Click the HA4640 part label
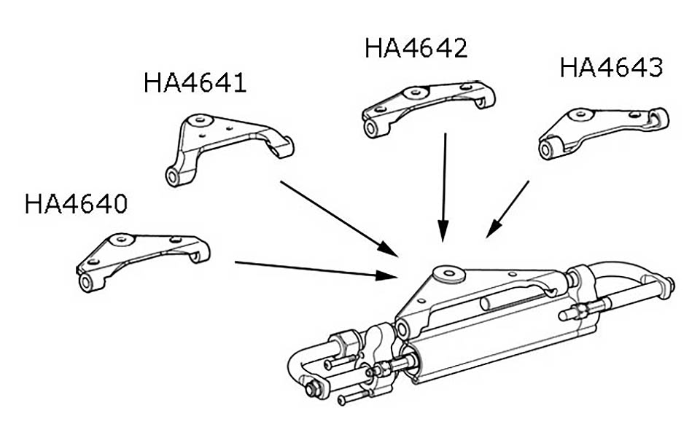click(x=76, y=203)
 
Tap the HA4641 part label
click(x=195, y=82)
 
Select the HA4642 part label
click(x=416, y=49)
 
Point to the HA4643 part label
click(x=611, y=68)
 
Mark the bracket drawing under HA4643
click(x=602, y=130)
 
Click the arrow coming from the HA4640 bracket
click(x=314, y=270)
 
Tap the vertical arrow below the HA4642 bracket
click(x=443, y=186)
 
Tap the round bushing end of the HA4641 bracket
click(x=173, y=176)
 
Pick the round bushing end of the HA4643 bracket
click(x=545, y=152)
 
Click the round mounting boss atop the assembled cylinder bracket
click(x=446, y=275)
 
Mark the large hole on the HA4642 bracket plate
click(x=415, y=93)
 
